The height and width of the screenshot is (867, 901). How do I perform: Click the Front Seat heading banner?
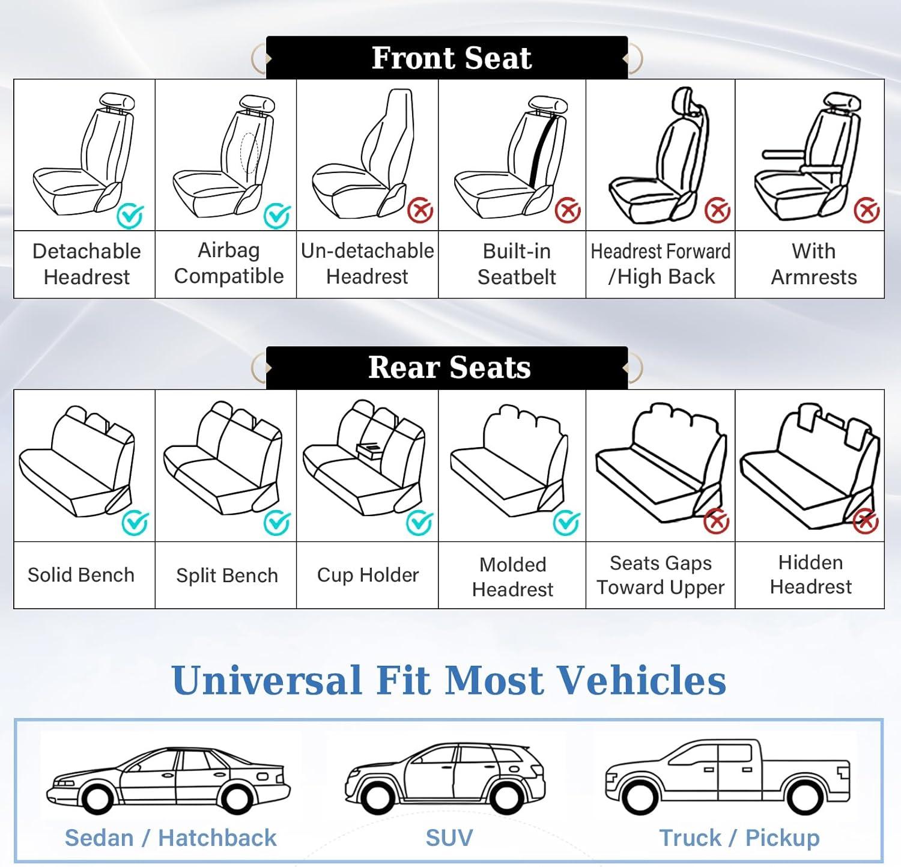pos(447,58)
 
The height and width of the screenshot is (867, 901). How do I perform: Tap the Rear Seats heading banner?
pos(447,368)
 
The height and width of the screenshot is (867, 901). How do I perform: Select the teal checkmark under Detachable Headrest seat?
pos(130,216)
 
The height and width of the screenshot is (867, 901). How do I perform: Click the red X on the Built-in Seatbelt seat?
pos(568,211)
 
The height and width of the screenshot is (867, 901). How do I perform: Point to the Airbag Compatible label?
pos(229,263)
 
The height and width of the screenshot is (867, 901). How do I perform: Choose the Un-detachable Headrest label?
pos(368,263)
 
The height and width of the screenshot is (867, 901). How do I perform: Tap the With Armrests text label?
pos(814,264)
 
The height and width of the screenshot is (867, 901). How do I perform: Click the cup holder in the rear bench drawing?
pos(369,449)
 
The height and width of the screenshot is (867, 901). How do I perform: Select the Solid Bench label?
pos(81,575)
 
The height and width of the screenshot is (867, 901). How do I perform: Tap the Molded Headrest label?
pos(513,577)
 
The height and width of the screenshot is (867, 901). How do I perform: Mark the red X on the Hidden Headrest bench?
pos(866,521)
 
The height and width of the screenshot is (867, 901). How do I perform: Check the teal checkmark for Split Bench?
pos(277,523)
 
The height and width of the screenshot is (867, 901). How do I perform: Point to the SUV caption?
pos(449,838)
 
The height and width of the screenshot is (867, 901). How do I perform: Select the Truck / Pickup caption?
pos(739,838)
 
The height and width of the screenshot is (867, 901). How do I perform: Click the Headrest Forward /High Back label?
pos(661,264)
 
